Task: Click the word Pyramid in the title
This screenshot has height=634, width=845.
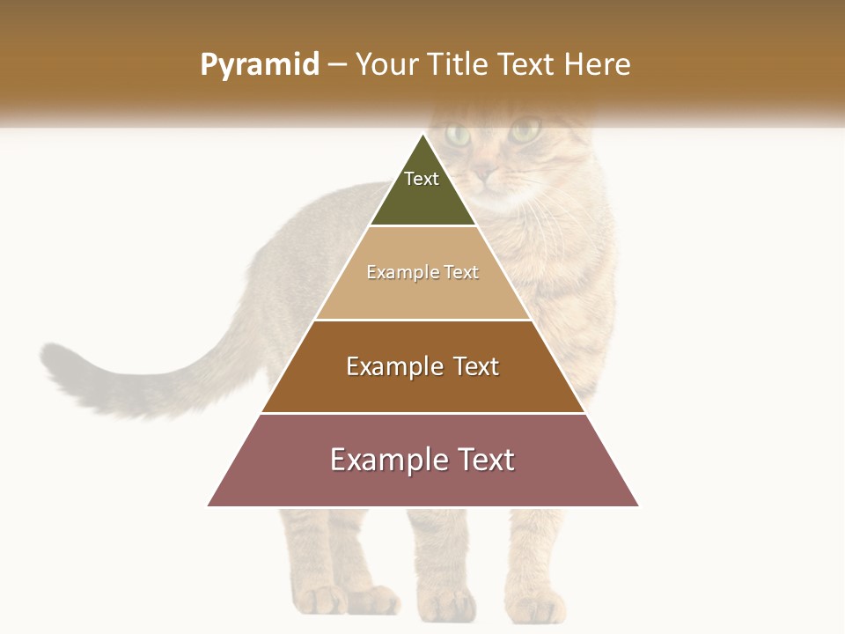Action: (260, 65)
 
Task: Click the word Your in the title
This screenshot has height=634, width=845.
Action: (386, 65)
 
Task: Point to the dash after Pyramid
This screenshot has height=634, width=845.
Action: (337, 65)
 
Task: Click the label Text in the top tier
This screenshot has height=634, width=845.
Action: (422, 179)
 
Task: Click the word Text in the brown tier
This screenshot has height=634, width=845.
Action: (476, 366)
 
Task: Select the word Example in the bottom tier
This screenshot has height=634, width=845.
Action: (386, 460)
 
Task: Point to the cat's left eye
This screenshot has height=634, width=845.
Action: (458, 135)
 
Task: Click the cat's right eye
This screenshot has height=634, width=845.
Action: (525, 131)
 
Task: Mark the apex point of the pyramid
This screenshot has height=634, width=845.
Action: (423, 134)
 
